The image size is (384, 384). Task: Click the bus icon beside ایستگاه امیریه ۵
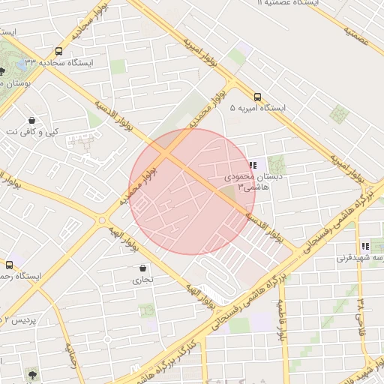pyautogui.click(x=257, y=97)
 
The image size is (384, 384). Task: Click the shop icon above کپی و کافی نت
pyautogui.click(x=31, y=120)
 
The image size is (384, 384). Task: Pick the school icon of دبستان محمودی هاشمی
pyautogui.click(x=253, y=165)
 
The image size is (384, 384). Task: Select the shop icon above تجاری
pyautogui.click(x=142, y=268)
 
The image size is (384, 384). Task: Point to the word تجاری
pyautogui.click(x=142, y=280)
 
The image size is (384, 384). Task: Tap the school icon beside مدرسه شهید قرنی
pyautogui.click(x=365, y=246)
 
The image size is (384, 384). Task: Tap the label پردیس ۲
pyautogui.click(x=19, y=320)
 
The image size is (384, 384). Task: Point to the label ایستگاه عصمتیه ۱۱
pyautogui.click(x=289, y=3)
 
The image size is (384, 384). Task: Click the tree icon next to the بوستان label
pyautogui.click(x=2, y=72)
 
